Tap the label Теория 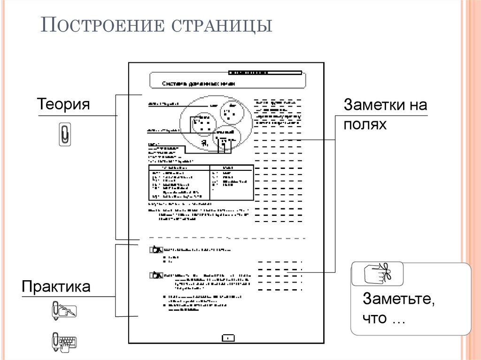[63, 104]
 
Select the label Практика [56, 287]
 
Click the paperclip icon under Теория [64, 134]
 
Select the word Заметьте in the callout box [397, 299]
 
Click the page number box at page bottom [227, 337]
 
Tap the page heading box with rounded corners [227, 81]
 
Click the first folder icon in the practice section [155, 250]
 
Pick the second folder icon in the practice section [155, 275]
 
